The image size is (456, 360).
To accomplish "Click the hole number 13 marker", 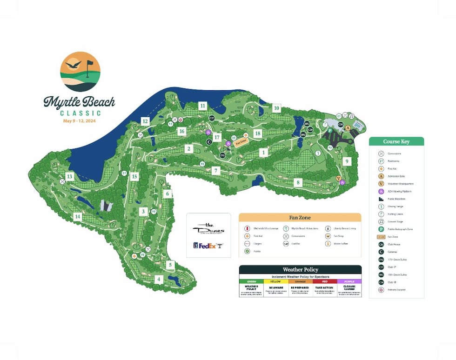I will click(x=69, y=176).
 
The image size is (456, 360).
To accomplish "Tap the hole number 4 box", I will click(x=159, y=280).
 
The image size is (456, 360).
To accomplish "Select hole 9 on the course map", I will click(x=346, y=161).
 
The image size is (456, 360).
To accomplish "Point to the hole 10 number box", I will click(x=276, y=108).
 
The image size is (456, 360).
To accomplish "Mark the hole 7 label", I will click(x=215, y=171).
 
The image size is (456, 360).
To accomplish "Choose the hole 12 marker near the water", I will click(x=145, y=121).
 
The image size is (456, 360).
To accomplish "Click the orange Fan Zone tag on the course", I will click(x=240, y=143).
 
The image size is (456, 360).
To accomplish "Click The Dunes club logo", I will click(x=208, y=228).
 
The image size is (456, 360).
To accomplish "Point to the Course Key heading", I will click(x=396, y=141).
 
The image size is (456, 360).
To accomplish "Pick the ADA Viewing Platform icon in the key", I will click(x=381, y=191).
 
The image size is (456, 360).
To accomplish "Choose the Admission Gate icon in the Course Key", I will click(x=381, y=176).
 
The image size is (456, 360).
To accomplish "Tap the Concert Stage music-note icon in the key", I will click(x=381, y=221).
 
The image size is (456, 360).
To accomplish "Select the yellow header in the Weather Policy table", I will click(x=276, y=281).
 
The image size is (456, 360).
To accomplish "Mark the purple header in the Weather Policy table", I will click(x=349, y=281).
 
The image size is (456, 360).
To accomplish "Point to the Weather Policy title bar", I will click(x=300, y=270).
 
